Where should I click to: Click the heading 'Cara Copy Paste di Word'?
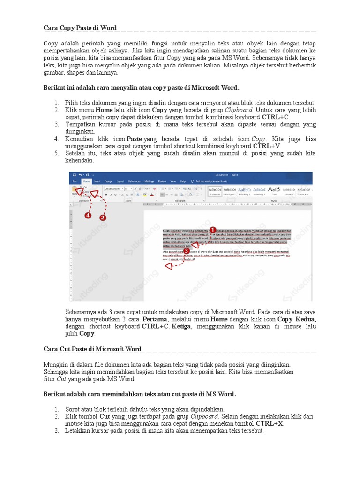point(80,28)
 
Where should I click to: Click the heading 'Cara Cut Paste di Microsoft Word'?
point(92,349)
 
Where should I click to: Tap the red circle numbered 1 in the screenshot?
point(212,230)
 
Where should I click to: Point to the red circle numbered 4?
point(88,216)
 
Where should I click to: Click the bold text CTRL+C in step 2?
point(276,117)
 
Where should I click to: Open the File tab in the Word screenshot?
point(74,181)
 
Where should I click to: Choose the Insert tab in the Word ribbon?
point(97,181)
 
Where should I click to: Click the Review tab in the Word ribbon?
point(162,181)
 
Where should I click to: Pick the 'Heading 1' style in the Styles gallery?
point(244,194)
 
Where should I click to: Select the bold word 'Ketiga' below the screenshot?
point(180,326)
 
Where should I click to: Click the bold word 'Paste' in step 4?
point(135,139)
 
